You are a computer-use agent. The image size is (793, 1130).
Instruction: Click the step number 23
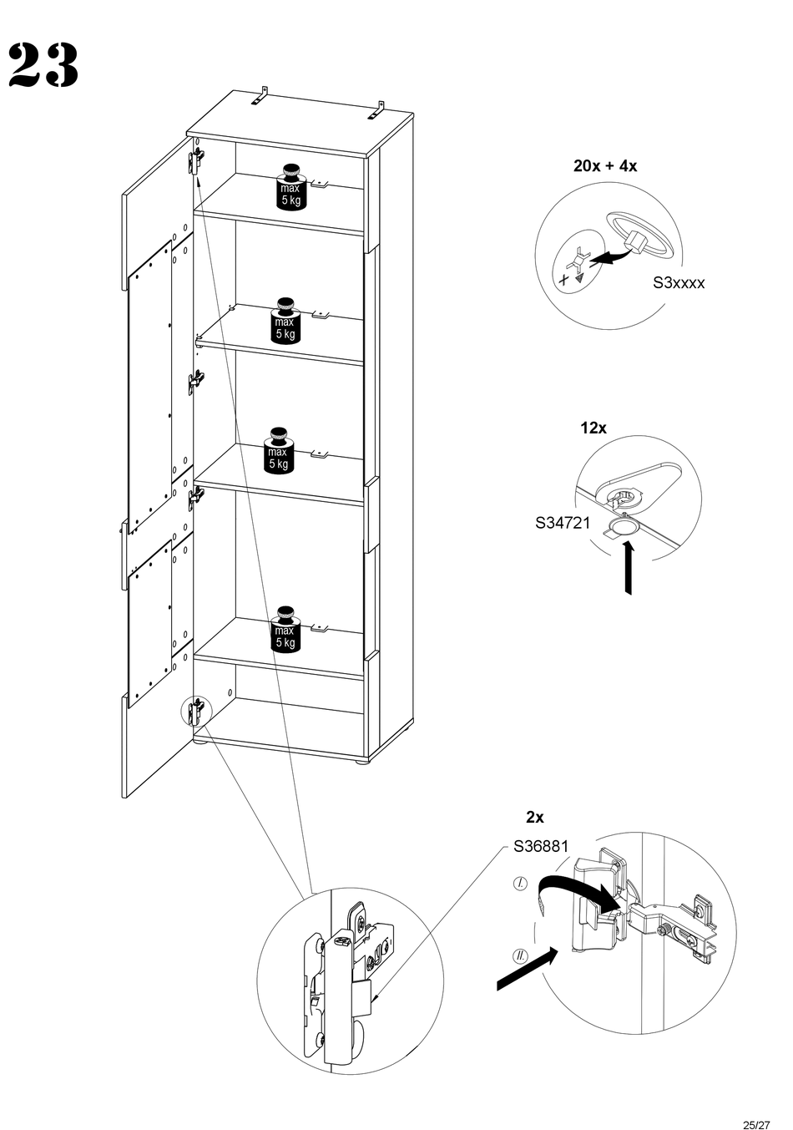pyautogui.click(x=44, y=65)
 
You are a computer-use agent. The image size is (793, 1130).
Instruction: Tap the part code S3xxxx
pyautogui.click(x=678, y=282)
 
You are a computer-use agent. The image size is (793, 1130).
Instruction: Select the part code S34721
pyautogui.click(x=563, y=523)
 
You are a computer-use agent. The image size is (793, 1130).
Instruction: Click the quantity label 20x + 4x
pyautogui.click(x=605, y=165)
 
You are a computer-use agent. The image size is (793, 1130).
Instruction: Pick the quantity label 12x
pyautogui.click(x=593, y=428)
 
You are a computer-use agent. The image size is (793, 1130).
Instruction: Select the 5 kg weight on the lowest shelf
pyautogui.click(x=285, y=629)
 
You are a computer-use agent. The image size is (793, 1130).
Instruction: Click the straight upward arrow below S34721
pyautogui.click(x=628, y=569)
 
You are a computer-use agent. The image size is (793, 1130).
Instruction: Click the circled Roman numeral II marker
pyautogui.click(x=520, y=956)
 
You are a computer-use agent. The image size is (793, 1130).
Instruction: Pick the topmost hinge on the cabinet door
pyautogui.click(x=196, y=160)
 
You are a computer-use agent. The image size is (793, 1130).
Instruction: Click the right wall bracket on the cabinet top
pyautogui.click(x=377, y=110)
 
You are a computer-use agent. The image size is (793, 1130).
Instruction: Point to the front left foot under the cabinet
pyautogui.click(x=200, y=740)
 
